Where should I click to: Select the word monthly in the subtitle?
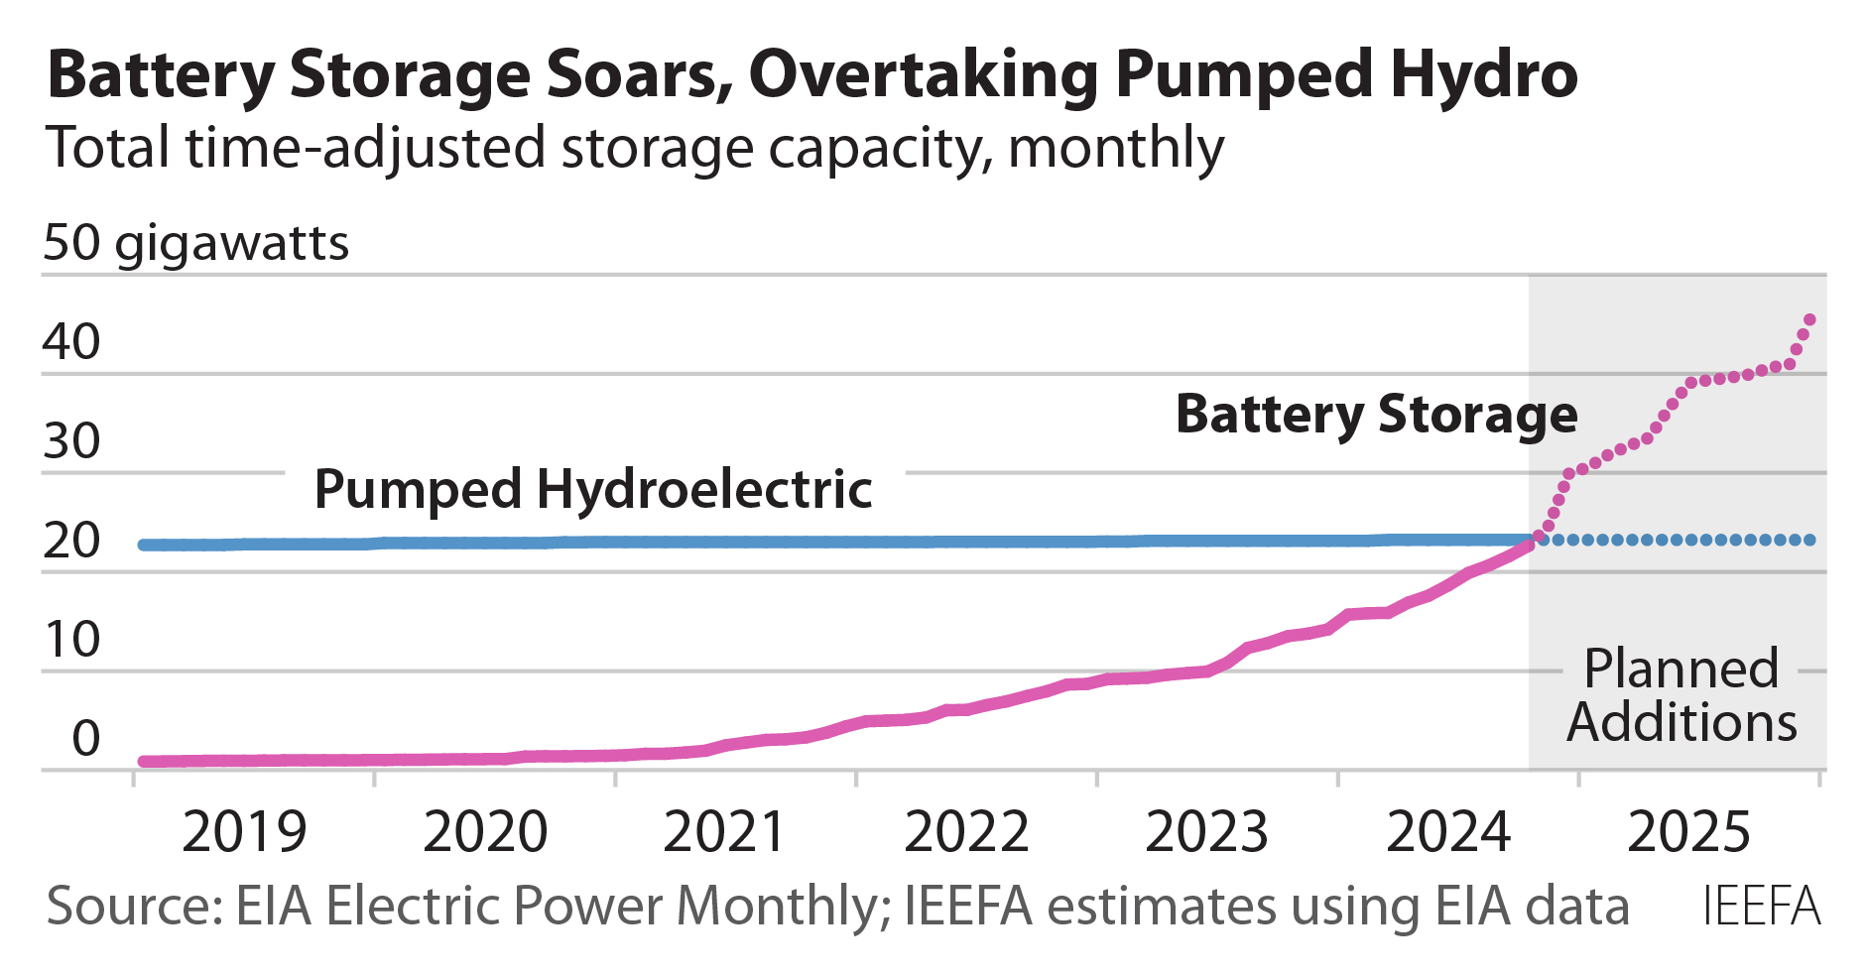[x=1115, y=149]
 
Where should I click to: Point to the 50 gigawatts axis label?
[x=195, y=243]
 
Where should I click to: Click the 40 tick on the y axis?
[x=71, y=342]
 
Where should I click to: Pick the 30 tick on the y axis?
[x=71, y=441]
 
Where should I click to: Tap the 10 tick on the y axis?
[x=71, y=640]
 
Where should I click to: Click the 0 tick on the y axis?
[x=85, y=739]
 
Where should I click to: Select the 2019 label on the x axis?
[x=244, y=832]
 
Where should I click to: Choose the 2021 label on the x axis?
[x=725, y=832]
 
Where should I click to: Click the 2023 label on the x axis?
[x=1206, y=832]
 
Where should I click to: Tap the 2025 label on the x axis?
[x=1688, y=832]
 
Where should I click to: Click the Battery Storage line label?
[x=1376, y=415]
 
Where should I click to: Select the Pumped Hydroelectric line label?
[x=592, y=489]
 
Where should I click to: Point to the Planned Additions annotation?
[x=1681, y=695]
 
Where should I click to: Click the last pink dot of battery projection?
[x=1809, y=319]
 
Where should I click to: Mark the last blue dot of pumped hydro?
[x=1810, y=541]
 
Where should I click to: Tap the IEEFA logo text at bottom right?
[x=1762, y=906]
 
